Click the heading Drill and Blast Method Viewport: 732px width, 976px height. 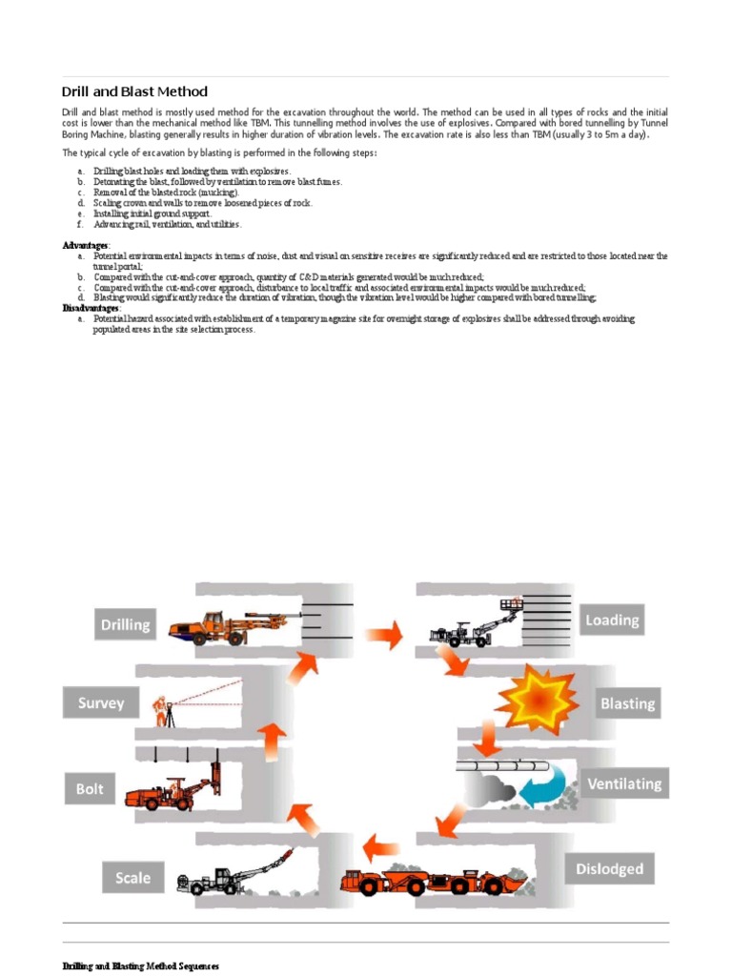tap(134, 91)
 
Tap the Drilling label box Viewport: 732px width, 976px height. tap(126, 625)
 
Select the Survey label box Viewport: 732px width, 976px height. tap(101, 703)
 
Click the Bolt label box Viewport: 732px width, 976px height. tap(90, 789)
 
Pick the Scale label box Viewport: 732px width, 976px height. tap(132, 877)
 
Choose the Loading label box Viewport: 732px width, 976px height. tap(612, 620)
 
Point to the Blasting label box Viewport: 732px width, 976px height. tap(627, 703)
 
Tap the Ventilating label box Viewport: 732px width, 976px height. tap(624, 783)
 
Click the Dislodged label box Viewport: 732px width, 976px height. tap(610, 868)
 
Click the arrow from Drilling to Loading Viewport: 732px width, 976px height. tap(385, 632)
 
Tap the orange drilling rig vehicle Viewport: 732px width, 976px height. tap(214, 626)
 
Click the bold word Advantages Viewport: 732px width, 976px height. tap(85, 246)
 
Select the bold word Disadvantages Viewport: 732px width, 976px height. tap(91, 309)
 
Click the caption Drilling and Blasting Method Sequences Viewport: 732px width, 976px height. tap(141, 966)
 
